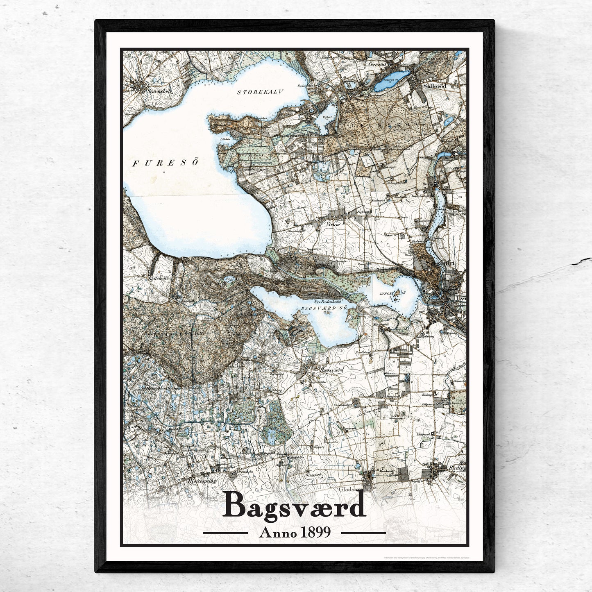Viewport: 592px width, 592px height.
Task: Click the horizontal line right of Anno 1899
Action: [x=363, y=533]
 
